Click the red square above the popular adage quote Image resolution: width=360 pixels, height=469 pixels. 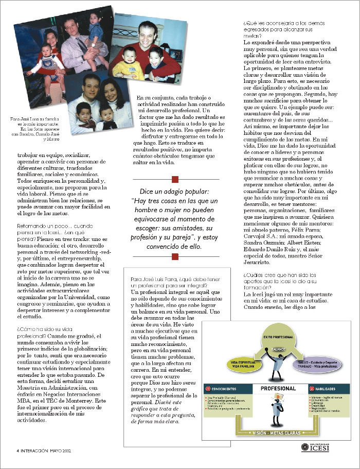tap(175, 179)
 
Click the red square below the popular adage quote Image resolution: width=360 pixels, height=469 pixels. tap(175, 256)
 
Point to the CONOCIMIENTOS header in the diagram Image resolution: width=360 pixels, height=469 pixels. tap(228, 387)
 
